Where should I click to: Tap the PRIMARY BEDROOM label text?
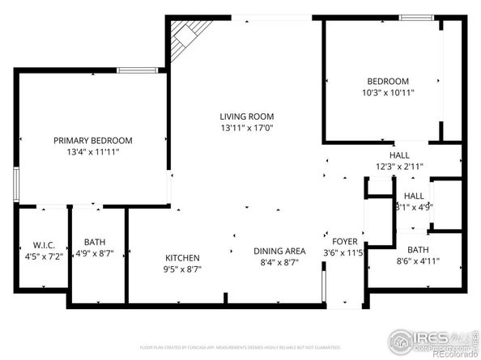[x=93, y=140]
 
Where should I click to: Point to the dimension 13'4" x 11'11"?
[x=93, y=151]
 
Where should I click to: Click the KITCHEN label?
[x=183, y=258]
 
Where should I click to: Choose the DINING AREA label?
[x=279, y=251]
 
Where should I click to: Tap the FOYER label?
[x=343, y=240]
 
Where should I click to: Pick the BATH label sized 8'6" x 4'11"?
[x=418, y=250]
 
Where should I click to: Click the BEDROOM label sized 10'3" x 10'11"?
[x=388, y=81]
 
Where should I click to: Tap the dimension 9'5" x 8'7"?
[x=183, y=269]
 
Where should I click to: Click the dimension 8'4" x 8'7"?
[x=279, y=262]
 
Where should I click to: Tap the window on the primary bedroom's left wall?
[x=15, y=184]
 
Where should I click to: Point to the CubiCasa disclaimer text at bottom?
[x=240, y=347]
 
